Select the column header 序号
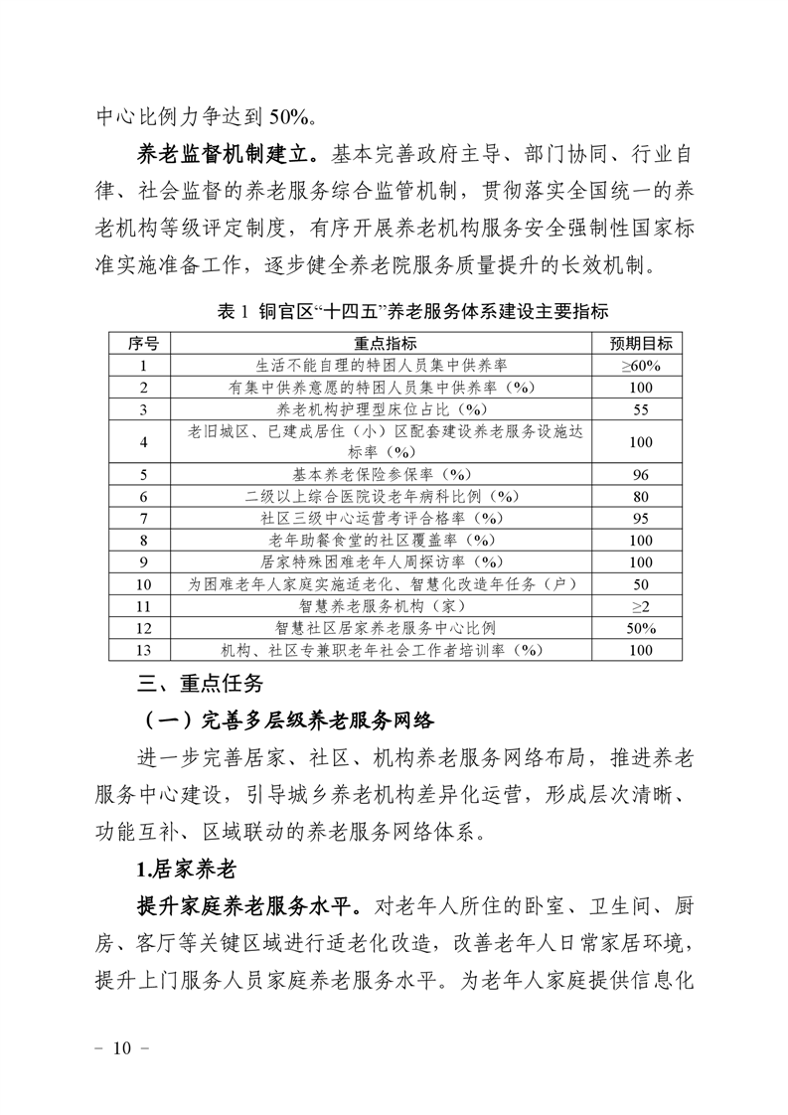(x=142, y=344)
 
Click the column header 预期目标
(x=641, y=344)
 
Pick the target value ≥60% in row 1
(x=641, y=366)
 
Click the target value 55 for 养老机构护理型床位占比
(x=641, y=408)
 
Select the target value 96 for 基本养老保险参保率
(x=641, y=474)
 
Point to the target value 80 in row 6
(x=641, y=496)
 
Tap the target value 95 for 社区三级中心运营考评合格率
(x=641, y=518)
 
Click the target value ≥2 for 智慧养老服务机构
(x=641, y=605)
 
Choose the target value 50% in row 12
(x=641, y=628)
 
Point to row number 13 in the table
(x=144, y=650)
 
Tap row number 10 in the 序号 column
(x=144, y=583)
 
